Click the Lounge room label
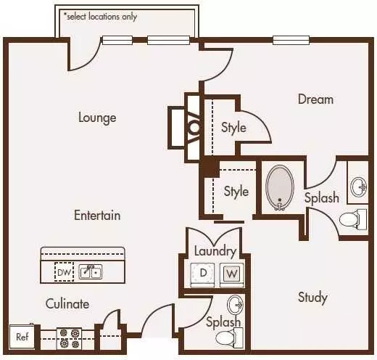(x=97, y=118)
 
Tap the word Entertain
(x=97, y=215)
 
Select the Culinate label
(x=67, y=303)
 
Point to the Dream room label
(x=315, y=99)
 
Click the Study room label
(x=312, y=298)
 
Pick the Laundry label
(x=215, y=251)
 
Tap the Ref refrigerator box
(x=22, y=337)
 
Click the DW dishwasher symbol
(x=64, y=272)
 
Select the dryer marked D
(x=202, y=274)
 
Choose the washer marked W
(x=232, y=274)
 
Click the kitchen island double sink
(x=91, y=271)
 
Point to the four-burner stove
(x=69, y=338)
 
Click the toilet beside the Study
(x=229, y=338)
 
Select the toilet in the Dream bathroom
(x=353, y=220)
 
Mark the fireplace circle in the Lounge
(x=194, y=128)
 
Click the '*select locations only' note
(x=100, y=17)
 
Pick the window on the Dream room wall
(x=291, y=40)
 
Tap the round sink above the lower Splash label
(x=235, y=305)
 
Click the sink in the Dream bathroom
(x=359, y=187)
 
